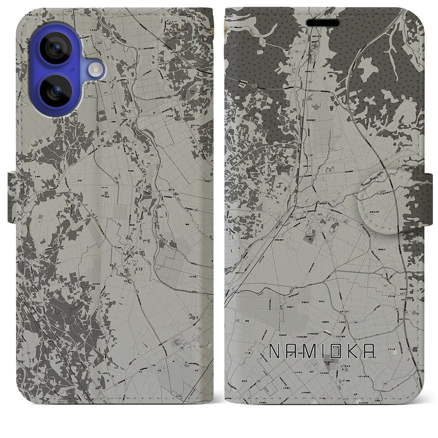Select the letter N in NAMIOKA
pos(274,350)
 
